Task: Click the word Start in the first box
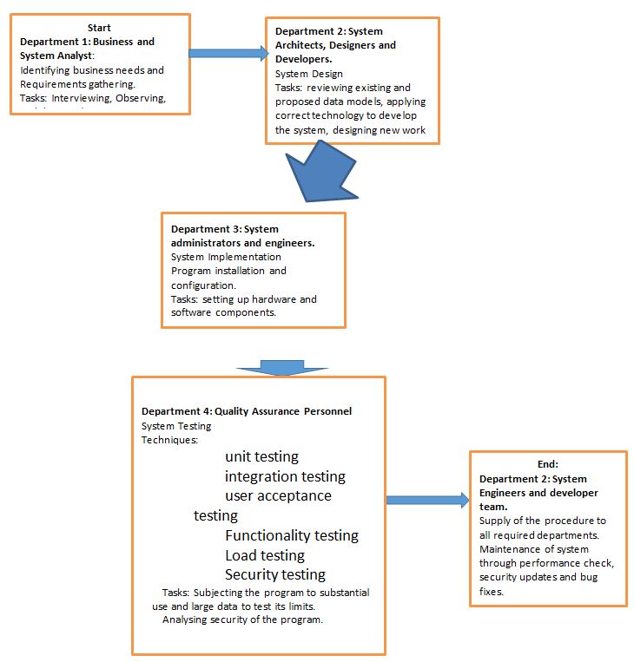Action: (99, 28)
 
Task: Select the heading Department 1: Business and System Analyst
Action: (87, 48)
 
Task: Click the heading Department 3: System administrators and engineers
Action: (243, 236)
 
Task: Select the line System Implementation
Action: (226, 257)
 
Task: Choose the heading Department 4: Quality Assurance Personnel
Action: (247, 411)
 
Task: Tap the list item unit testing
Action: (261, 456)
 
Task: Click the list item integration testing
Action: (285, 476)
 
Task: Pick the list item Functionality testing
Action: (291, 535)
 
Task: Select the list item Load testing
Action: (265, 555)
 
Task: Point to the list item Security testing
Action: (275, 574)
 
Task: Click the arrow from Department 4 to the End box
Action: (426, 500)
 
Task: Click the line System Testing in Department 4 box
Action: (176, 425)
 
